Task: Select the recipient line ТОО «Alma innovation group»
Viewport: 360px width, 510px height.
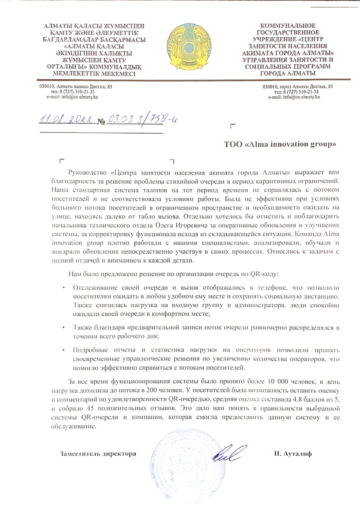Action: point(281,144)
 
